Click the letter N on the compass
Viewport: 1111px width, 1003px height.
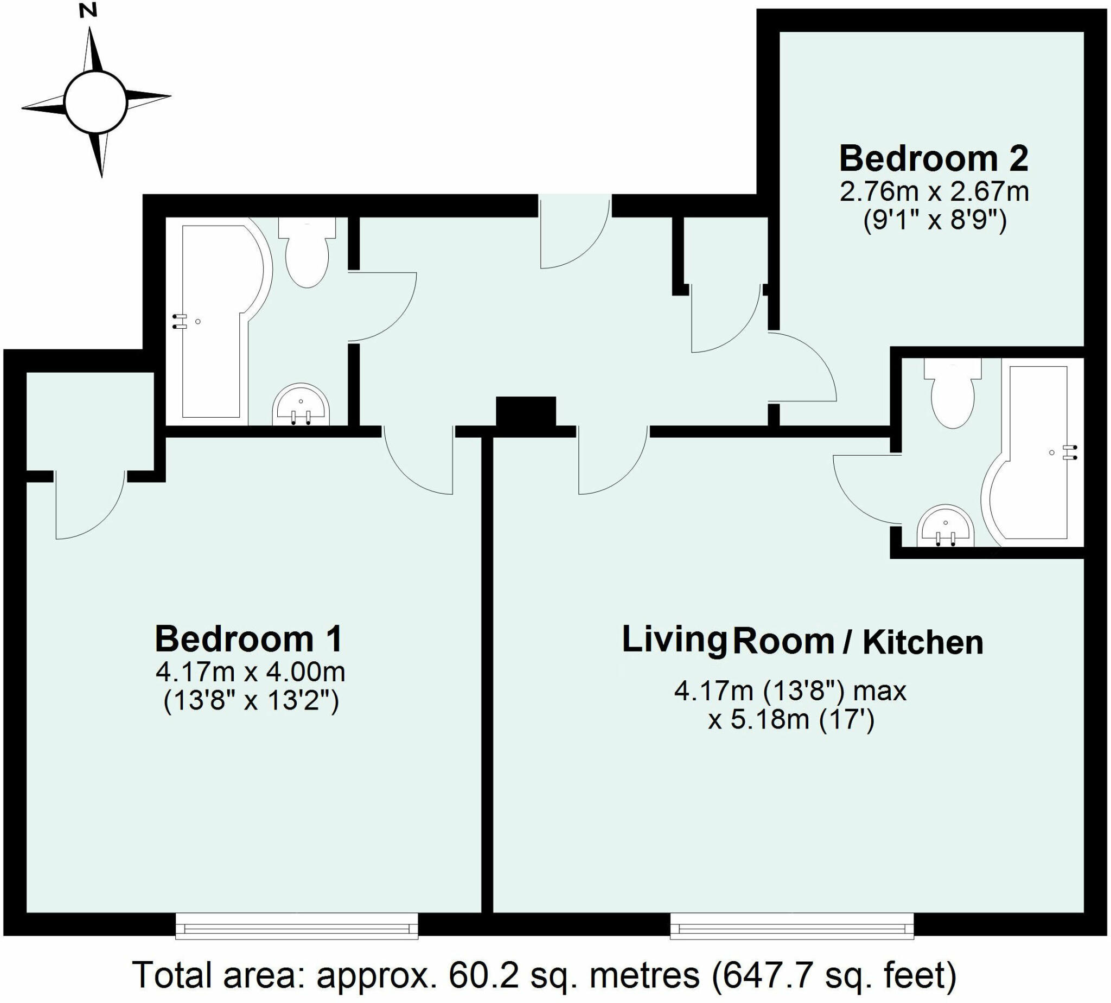tap(88, 11)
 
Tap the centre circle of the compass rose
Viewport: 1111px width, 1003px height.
tap(95, 101)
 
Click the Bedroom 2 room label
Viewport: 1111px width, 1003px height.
tap(934, 159)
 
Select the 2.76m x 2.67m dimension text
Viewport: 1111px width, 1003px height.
tap(934, 193)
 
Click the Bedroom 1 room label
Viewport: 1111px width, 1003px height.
tap(248, 638)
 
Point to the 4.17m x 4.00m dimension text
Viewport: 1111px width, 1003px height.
tap(251, 672)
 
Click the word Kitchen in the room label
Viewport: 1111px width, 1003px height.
tap(923, 643)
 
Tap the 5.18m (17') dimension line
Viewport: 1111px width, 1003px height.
tap(791, 720)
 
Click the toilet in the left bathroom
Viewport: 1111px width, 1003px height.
tap(308, 253)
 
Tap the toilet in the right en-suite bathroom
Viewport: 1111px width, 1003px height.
tap(953, 394)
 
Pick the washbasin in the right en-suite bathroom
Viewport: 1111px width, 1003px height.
tap(946, 527)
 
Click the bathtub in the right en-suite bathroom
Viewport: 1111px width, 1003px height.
tap(1036, 457)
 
